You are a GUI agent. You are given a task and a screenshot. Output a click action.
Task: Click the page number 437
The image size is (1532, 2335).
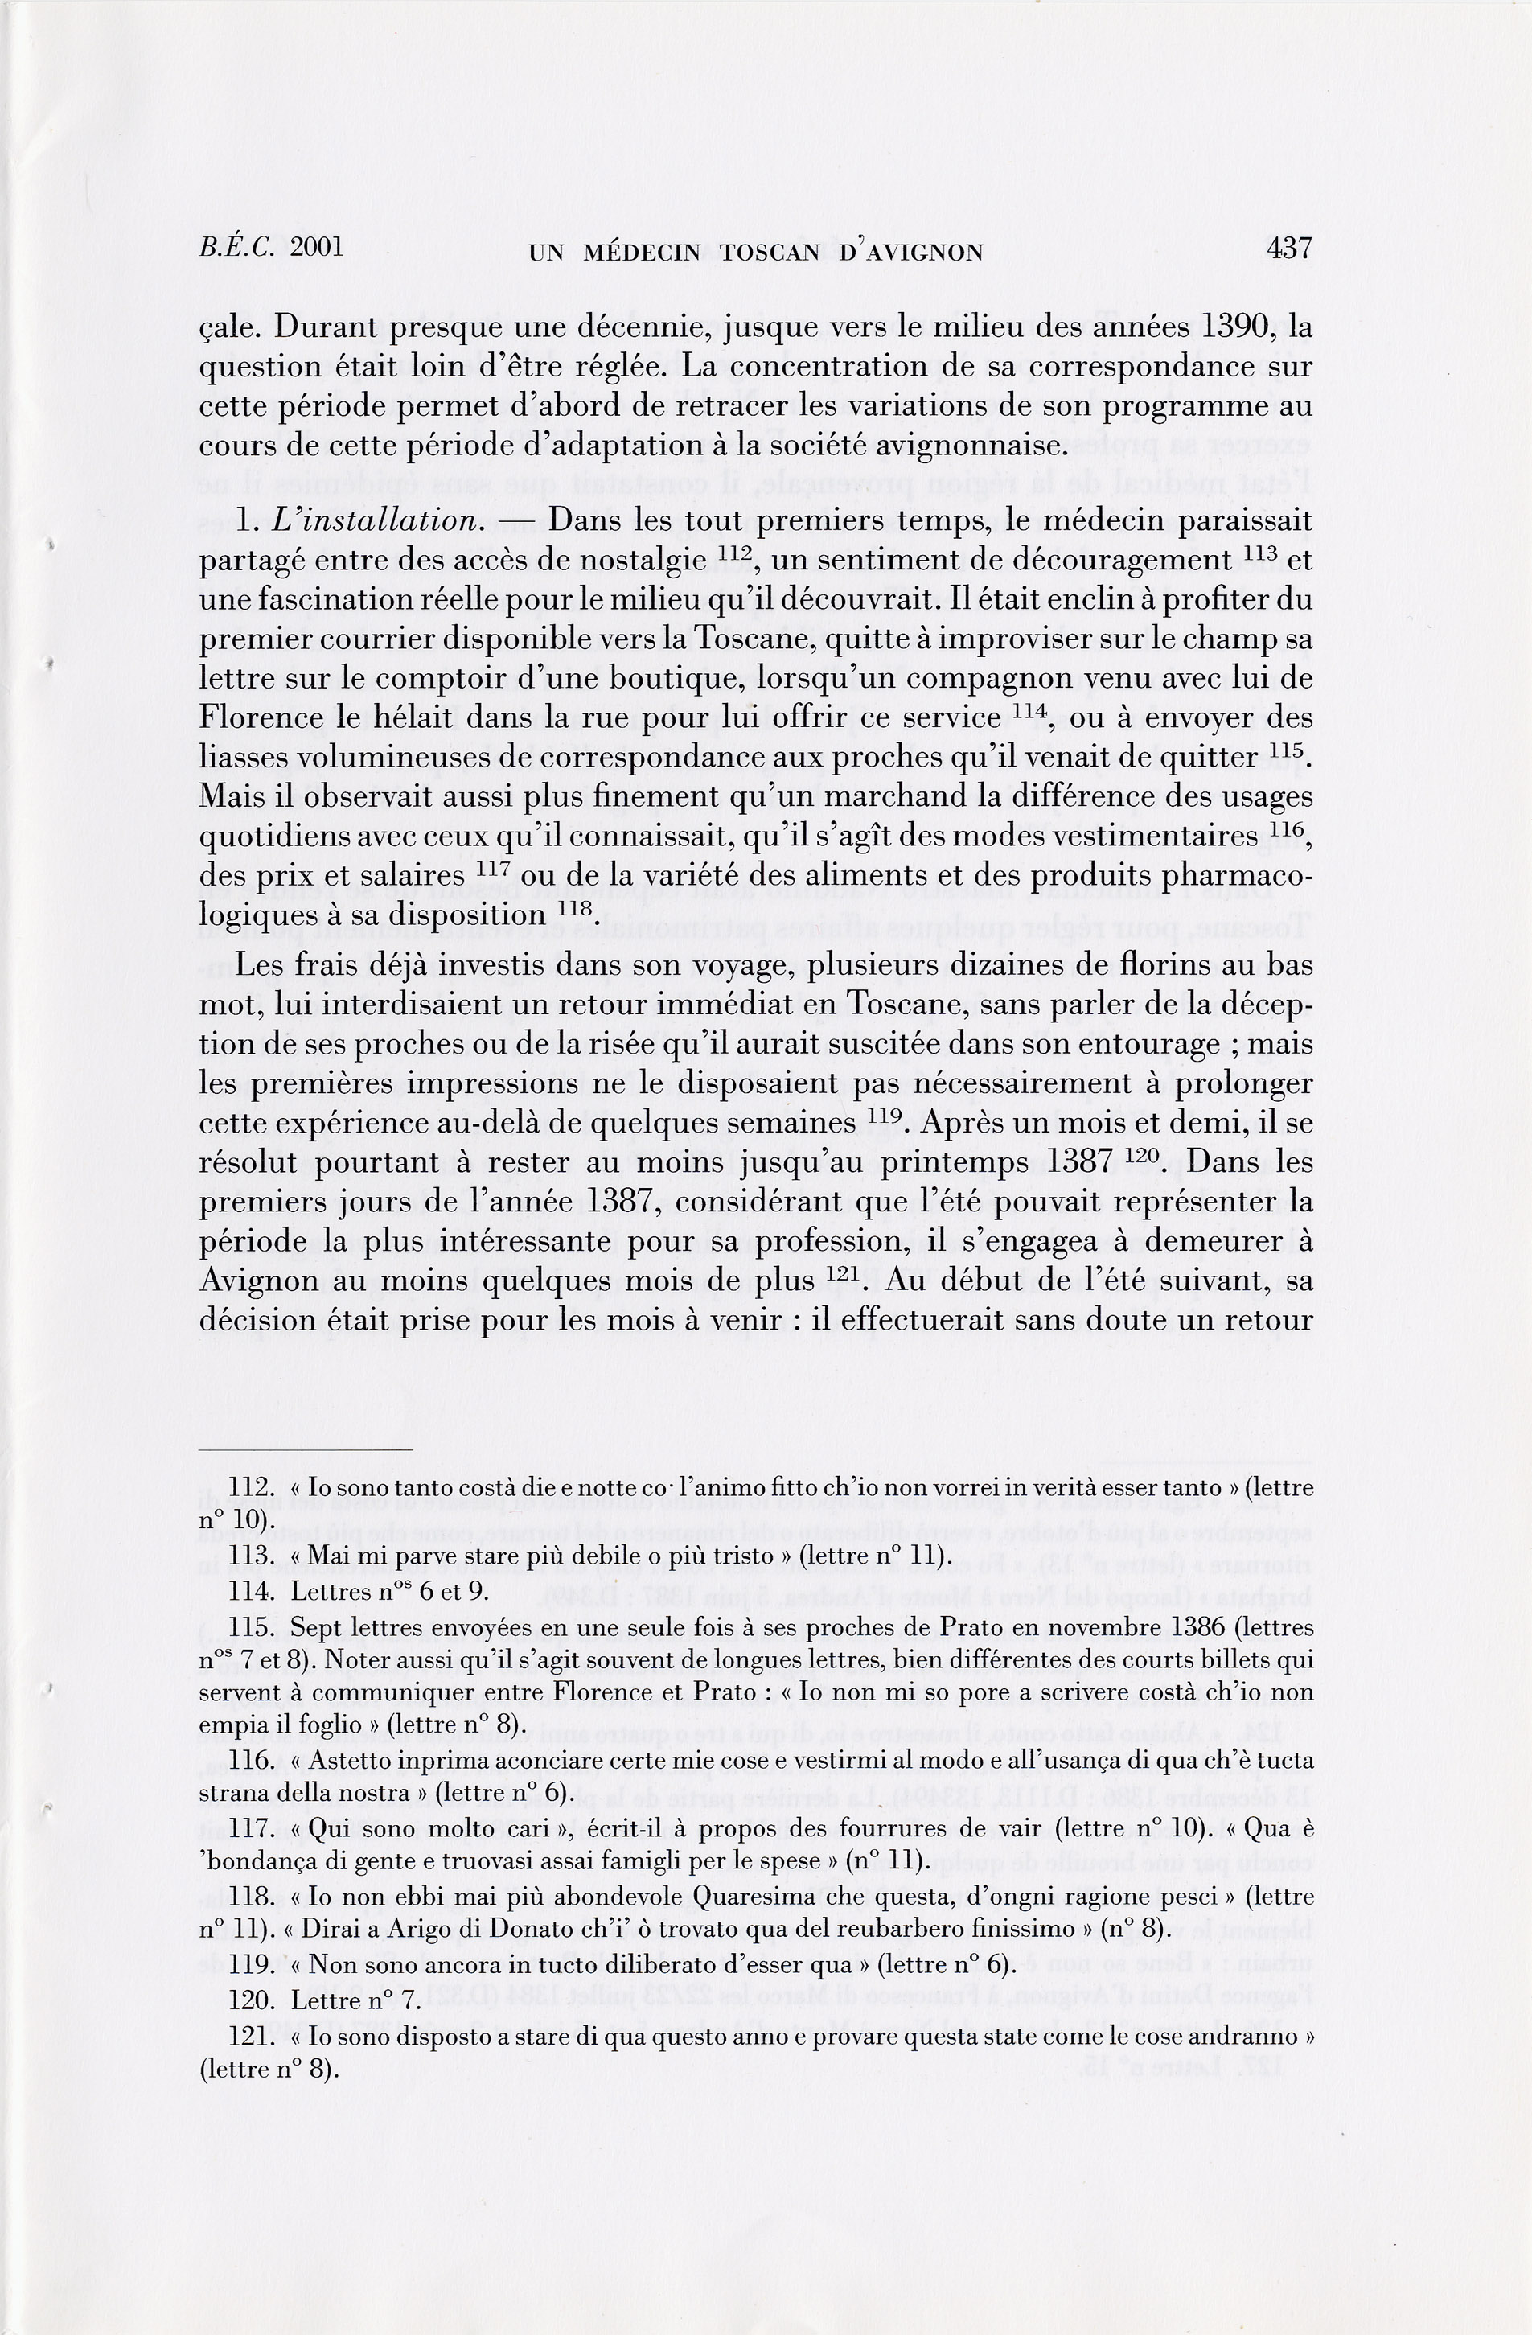click(x=1289, y=249)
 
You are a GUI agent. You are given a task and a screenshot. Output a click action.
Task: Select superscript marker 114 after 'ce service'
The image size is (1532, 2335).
click(x=1031, y=711)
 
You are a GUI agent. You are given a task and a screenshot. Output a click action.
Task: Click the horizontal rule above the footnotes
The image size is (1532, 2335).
click(x=306, y=1449)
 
